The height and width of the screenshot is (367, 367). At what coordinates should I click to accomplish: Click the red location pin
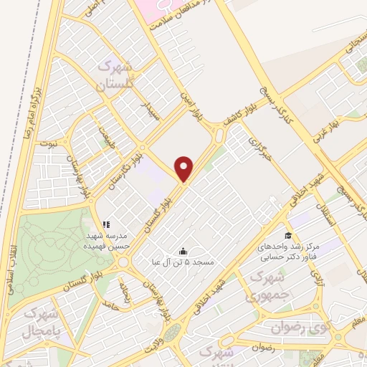186,168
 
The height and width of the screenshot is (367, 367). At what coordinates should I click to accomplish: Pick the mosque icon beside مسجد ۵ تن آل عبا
183,251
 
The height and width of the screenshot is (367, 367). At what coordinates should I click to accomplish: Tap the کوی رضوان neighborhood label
298,328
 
